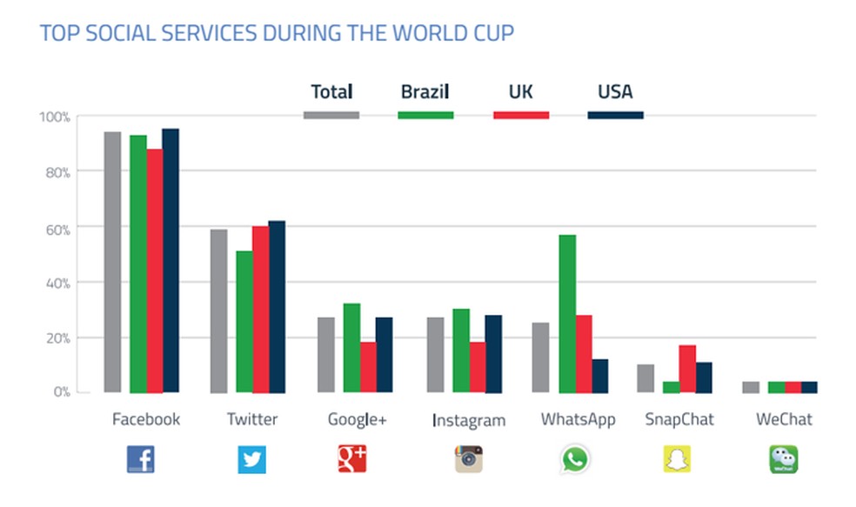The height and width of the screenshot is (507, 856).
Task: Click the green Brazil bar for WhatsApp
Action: (567, 313)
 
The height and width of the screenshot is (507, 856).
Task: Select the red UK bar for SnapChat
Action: (687, 369)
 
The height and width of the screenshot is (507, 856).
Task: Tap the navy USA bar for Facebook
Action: (170, 260)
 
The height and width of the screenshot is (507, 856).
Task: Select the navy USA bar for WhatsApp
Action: (600, 376)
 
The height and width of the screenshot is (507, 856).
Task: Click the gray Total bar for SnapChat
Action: (645, 378)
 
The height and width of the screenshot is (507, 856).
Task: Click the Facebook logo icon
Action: (141, 458)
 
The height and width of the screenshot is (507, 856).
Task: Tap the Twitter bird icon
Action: (252, 458)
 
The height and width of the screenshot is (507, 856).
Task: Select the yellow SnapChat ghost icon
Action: (678, 458)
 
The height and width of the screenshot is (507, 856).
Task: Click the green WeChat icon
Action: (783, 458)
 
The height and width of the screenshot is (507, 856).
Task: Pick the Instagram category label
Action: (468, 421)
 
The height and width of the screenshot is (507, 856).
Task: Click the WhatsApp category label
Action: (578, 419)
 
